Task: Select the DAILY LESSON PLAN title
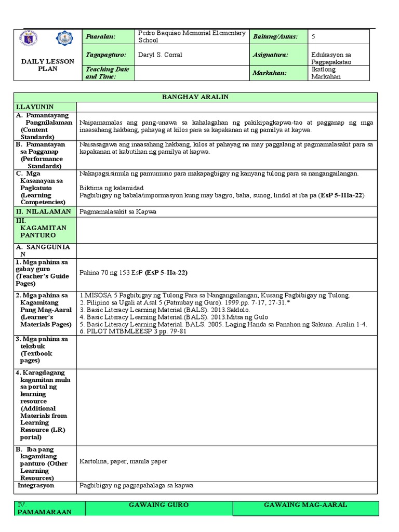click(x=47, y=65)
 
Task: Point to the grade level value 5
click(x=313, y=36)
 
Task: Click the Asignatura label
click(x=271, y=55)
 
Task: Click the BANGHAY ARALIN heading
click(x=195, y=97)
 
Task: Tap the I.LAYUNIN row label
click(x=35, y=107)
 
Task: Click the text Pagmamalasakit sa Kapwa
click(x=118, y=211)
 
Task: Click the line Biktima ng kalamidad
click(x=111, y=188)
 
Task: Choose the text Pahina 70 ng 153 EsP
click(x=112, y=272)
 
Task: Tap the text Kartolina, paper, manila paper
click(x=123, y=461)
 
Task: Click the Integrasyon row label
click(x=36, y=486)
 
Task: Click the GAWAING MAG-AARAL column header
click(x=305, y=505)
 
